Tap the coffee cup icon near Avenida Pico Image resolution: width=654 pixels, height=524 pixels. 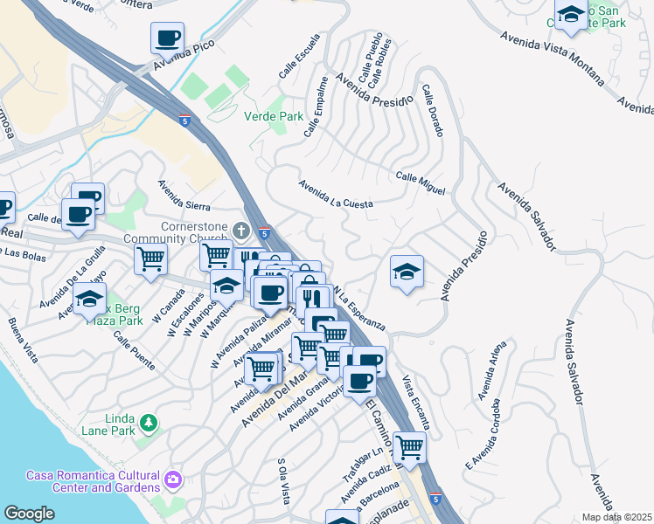(167, 39)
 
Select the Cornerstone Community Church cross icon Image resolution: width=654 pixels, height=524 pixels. (242, 231)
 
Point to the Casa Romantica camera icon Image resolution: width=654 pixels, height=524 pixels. (173, 479)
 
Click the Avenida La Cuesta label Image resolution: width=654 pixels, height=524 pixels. (336, 194)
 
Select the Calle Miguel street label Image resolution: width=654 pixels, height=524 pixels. (420, 183)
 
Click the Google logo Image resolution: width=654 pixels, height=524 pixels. (29, 514)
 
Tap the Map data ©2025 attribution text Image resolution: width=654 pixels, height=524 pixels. (616, 517)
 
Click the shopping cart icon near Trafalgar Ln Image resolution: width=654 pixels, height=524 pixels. (409, 448)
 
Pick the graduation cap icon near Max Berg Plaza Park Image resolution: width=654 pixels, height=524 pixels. (88, 299)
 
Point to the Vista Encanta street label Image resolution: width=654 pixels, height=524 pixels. (416, 401)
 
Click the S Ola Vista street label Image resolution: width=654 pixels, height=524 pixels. (282, 480)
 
